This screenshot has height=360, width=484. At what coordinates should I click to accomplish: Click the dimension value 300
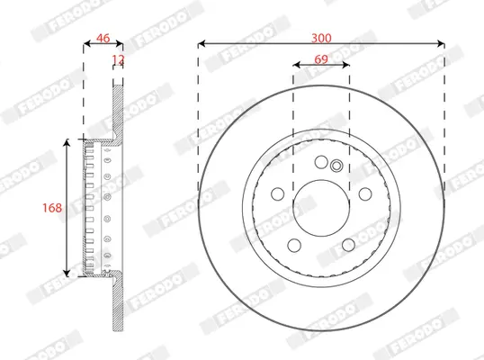321,38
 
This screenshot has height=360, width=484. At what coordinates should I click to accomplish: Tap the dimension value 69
321,59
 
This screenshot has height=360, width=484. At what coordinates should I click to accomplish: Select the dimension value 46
103,38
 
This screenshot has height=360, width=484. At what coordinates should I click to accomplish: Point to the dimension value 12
118,58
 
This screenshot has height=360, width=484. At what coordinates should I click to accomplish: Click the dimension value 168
52,208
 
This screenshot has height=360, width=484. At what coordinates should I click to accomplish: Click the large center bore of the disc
321,208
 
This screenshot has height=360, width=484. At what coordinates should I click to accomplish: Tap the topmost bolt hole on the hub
321,162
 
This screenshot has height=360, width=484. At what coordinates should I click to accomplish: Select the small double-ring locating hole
336,166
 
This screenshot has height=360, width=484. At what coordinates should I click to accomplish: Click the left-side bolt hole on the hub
277,193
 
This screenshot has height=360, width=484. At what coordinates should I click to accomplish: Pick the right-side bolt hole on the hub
365,193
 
